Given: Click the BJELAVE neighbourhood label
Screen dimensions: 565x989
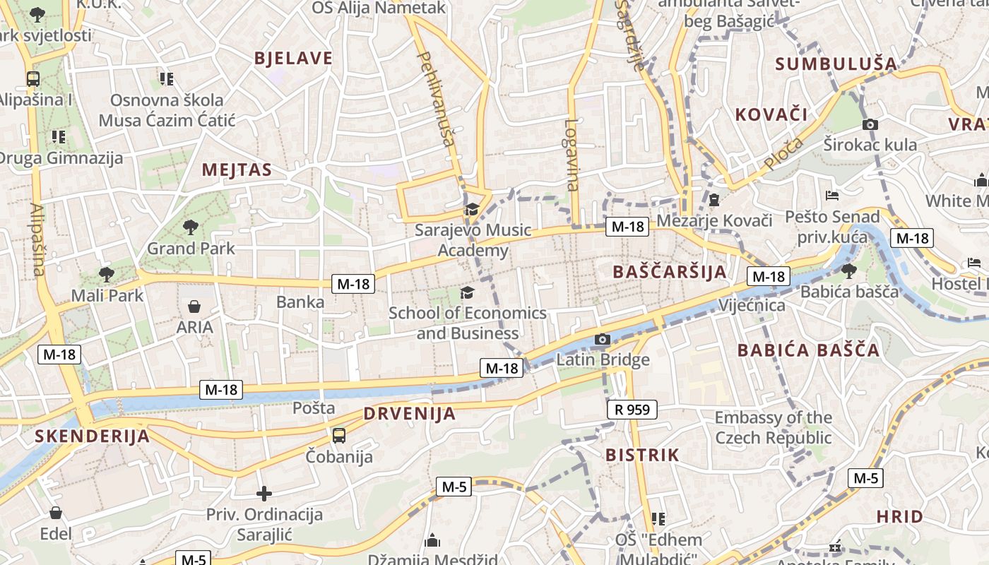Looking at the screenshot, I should [x=293, y=59].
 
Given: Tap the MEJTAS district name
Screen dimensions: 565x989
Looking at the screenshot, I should [x=237, y=170].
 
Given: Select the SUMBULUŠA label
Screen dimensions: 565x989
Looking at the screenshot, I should [x=836, y=64].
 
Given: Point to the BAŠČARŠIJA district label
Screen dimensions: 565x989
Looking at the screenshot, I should [x=670, y=272].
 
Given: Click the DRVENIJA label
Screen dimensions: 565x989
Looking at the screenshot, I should [x=410, y=414].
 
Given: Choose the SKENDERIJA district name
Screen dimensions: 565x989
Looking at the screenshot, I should [x=93, y=436].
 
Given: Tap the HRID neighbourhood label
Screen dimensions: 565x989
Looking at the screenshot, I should [x=900, y=516].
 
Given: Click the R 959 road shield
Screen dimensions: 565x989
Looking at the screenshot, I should [x=632, y=410].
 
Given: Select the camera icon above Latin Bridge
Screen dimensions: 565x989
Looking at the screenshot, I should [x=603, y=340].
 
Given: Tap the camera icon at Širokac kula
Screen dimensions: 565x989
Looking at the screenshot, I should [x=870, y=125].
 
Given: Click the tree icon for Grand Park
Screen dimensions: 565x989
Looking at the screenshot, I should [x=191, y=227].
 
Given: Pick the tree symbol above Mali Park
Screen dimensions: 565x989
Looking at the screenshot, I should [x=107, y=274].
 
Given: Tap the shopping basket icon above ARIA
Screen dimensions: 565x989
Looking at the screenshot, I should [x=194, y=307].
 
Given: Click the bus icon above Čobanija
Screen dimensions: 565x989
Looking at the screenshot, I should [x=339, y=435].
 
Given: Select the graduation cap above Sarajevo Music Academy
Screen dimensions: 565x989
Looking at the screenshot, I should [x=472, y=209].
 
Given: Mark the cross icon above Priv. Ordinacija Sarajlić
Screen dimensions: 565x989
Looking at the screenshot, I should [x=264, y=494].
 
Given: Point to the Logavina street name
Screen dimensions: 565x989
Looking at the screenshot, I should [x=572, y=154].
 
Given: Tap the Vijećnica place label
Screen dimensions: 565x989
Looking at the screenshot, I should [x=752, y=305].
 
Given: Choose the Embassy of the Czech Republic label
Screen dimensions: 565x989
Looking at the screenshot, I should [x=774, y=427].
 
